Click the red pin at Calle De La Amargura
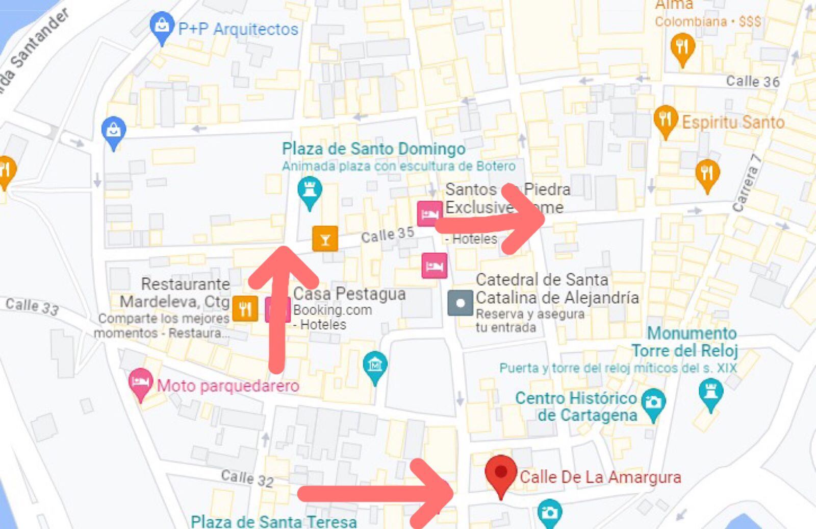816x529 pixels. [501, 473]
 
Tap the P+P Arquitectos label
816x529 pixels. [238, 29]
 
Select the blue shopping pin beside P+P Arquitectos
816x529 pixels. [162, 25]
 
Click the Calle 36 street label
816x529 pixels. [752, 81]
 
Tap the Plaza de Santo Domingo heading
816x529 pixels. [373, 149]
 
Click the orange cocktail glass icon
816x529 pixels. [325, 238]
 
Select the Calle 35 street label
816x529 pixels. [387, 235]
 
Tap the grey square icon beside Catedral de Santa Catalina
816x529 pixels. [460, 303]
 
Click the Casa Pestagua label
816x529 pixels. [349, 294]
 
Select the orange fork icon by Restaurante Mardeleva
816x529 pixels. [245, 308]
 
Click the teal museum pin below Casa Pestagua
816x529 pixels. [375, 366]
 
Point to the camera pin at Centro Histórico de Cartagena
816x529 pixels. [653, 402]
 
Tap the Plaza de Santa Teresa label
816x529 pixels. [273, 521]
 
